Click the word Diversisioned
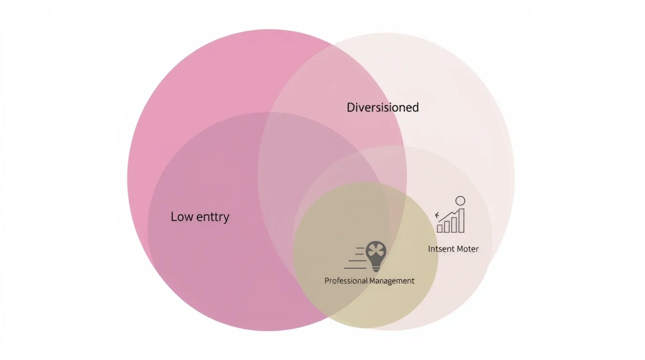click(x=382, y=107)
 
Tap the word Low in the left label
click(x=182, y=217)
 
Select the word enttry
click(x=213, y=217)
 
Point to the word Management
click(x=392, y=281)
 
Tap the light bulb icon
click(x=376, y=256)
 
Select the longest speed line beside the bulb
click(x=355, y=268)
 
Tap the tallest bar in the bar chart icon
click(x=461, y=221)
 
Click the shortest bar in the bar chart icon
click(x=440, y=229)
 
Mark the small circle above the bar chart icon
click(x=460, y=201)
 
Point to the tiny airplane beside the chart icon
click(x=437, y=215)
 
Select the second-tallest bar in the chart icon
click(x=454, y=225)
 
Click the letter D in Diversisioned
click(x=351, y=107)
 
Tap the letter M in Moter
click(x=461, y=249)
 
